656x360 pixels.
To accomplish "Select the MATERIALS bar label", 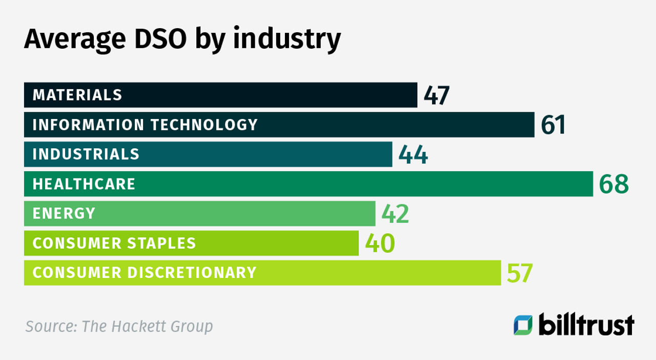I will point(77,95).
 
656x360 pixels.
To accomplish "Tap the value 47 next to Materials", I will point(437,95).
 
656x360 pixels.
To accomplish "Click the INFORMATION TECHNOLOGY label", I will point(145,125).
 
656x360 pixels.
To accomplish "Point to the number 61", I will point(553,125).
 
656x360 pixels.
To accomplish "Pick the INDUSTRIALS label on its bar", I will point(86,154).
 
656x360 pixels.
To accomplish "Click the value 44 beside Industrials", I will point(413,155).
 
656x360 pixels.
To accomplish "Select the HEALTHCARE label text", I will point(84,184).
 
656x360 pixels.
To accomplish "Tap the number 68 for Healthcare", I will point(614,185).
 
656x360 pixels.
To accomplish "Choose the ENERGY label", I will point(64,213).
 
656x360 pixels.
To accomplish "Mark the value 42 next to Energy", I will point(395,214).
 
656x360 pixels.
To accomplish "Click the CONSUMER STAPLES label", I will point(114,243).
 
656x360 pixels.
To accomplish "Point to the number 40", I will point(380,244).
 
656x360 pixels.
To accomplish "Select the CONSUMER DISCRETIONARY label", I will point(145,272).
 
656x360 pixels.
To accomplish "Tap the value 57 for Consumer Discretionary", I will point(520,273).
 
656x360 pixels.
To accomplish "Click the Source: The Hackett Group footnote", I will point(119,326).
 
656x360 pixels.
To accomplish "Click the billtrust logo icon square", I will point(523,325).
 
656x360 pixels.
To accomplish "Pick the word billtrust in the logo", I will point(586,325).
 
